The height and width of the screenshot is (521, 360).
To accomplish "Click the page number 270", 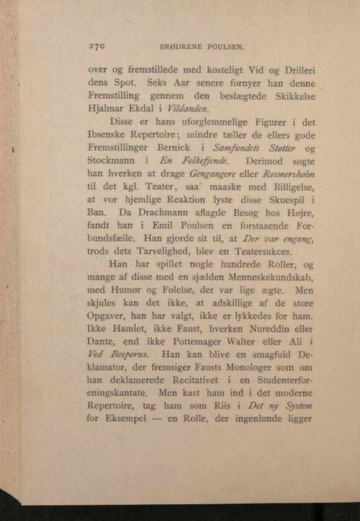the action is click(x=99, y=46).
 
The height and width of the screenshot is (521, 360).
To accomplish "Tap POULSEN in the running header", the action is click(x=228, y=47).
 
